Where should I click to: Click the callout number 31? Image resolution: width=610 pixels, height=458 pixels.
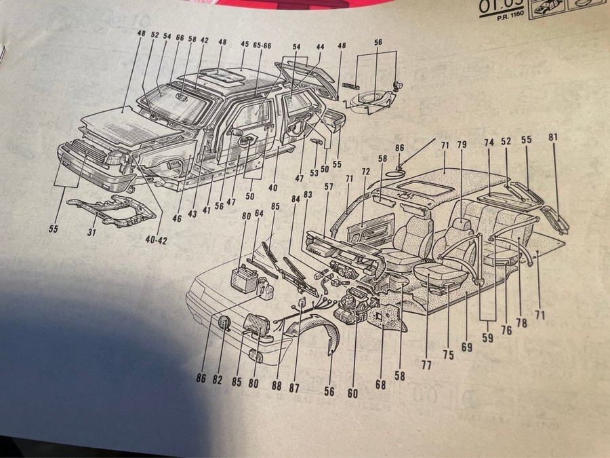pyautogui.click(x=93, y=235)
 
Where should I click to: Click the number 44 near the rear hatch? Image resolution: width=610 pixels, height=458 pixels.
pyautogui.click(x=320, y=47)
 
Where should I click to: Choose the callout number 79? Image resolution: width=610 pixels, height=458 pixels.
pyautogui.click(x=462, y=145)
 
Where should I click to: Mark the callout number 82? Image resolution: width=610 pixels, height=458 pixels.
pyautogui.click(x=217, y=379)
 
